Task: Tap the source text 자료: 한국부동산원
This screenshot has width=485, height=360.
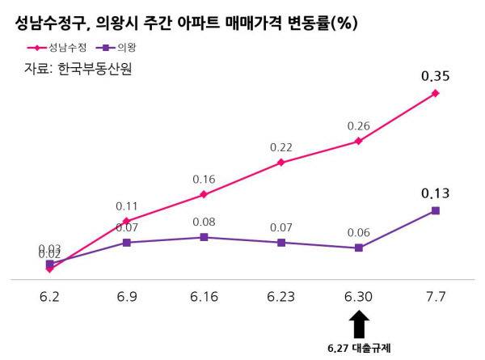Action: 78,70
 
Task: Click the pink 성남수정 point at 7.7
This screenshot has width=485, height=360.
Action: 436,93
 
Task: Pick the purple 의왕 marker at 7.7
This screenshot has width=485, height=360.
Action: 436,210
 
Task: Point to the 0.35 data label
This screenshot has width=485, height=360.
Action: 435,78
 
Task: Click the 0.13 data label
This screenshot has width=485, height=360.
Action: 435,193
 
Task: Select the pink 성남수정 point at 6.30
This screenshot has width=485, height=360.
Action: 358,141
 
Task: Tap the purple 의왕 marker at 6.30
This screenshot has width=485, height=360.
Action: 358,248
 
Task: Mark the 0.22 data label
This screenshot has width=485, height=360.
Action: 280,147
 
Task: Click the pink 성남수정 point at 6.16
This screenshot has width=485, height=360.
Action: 204,194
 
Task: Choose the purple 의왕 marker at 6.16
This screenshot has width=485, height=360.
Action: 204,237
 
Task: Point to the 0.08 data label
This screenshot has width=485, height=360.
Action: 204,221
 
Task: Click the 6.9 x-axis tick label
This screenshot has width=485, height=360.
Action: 126,297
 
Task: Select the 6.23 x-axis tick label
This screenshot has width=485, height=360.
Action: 280,297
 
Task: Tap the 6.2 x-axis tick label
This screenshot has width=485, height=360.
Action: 49,297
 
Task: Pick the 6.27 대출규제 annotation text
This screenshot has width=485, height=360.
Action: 359,349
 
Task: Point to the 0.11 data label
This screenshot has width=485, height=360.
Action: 126,205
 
